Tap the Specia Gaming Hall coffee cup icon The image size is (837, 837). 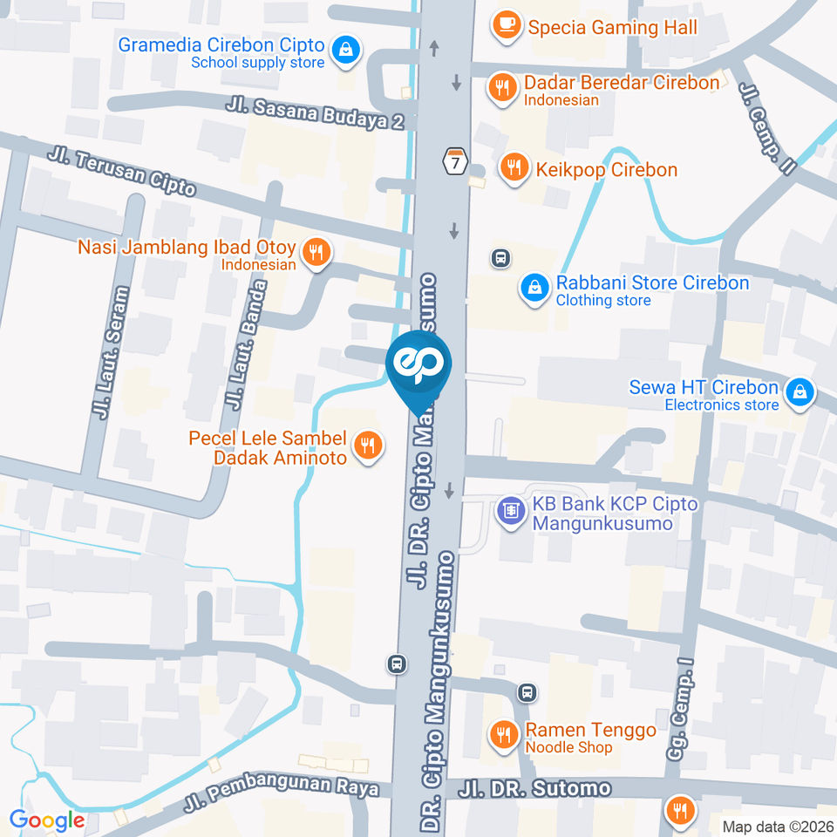click(x=504, y=26)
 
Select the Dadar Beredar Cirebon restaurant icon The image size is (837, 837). click(x=500, y=89)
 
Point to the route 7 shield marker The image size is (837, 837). click(x=454, y=161)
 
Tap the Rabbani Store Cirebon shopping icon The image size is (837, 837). click(x=533, y=289)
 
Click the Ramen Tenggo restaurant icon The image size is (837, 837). click(x=502, y=735)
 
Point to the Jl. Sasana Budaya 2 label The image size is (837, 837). click(x=315, y=113)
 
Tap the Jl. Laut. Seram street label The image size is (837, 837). click(x=111, y=352)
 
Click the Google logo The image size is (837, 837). click(x=47, y=820)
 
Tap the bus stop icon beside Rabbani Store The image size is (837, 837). click(x=500, y=258)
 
